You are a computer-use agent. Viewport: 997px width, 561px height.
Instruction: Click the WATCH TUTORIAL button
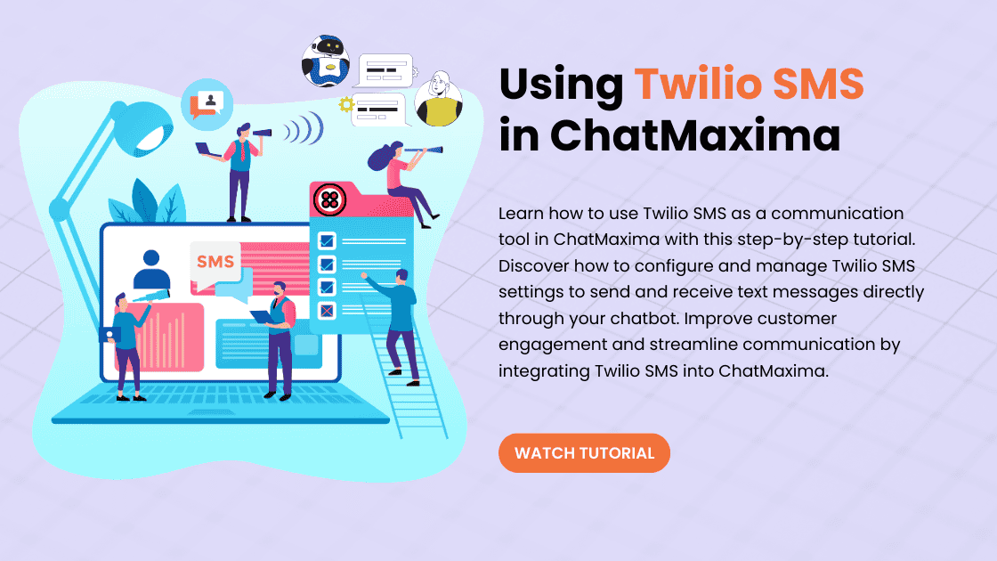point(584,453)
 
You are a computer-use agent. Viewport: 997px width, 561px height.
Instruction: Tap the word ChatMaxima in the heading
point(695,135)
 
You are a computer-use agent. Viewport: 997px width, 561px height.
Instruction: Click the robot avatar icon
point(326,61)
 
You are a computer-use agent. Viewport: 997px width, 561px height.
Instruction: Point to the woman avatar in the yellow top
point(439,99)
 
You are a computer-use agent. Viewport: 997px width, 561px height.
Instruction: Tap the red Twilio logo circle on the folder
point(329,200)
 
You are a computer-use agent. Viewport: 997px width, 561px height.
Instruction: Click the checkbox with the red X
point(327,311)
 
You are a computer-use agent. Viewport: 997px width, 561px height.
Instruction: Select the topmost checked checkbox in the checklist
point(327,240)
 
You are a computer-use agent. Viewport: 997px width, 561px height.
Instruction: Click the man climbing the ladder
point(397,327)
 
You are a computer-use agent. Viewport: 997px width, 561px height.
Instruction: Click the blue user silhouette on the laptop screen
point(151,271)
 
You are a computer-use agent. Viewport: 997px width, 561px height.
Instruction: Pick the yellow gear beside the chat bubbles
point(346,104)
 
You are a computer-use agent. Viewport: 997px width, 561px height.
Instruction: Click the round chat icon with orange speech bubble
point(207,104)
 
